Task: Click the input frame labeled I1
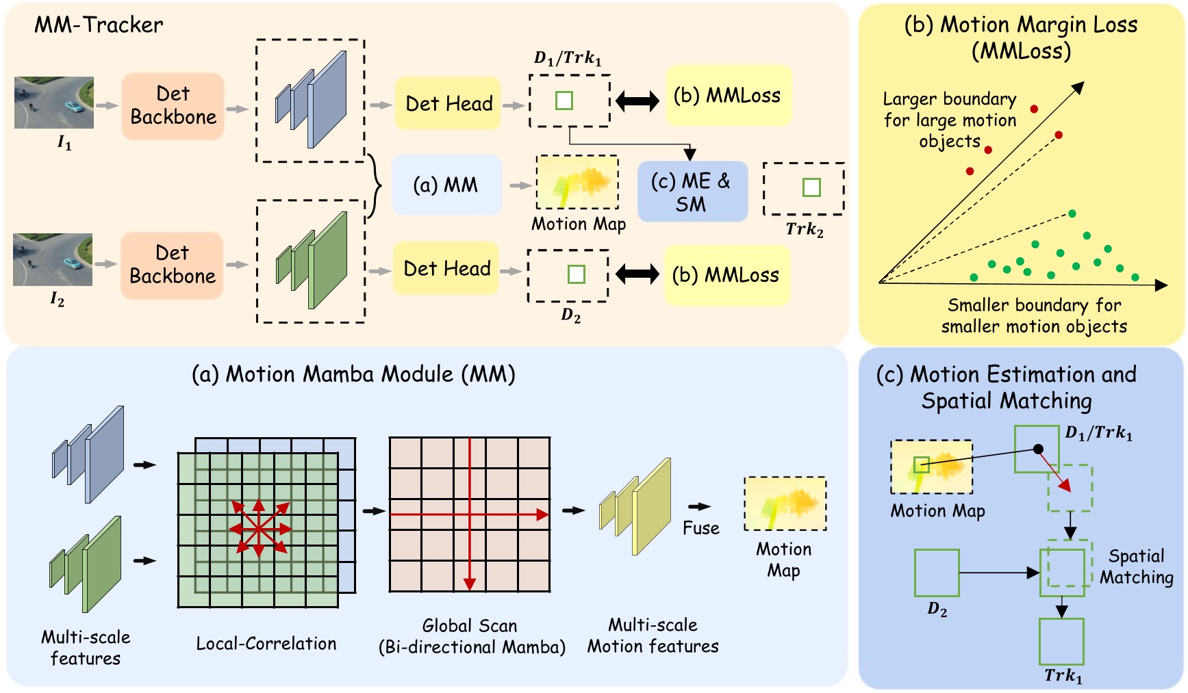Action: click(x=54, y=103)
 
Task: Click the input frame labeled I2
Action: click(x=53, y=259)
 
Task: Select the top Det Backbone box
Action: click(x=173, y=106)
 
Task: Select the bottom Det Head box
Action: click(x=446, y=268)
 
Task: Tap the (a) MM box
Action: click(x=446, y=185)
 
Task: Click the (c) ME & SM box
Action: click(x=692, y=192)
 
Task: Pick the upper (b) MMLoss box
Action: click(x=727, y=96)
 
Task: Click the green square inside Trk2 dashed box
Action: click(x=811, y=187)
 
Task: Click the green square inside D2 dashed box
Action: click(x=577, y=274)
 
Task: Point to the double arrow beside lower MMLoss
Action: click(x=637, y=274)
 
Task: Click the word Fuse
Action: click(x=701, y=528)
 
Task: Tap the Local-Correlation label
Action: click(x=266, y=644)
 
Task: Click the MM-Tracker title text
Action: click(x=99, y=25)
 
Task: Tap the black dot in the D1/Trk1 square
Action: click(x=1038, y=449)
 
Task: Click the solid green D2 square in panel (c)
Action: click(x=937, y=572)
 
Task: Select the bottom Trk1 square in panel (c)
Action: click(x=1061, y=641)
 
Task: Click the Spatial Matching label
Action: click(x=1136, y=566)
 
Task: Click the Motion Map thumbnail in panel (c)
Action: click(x=931, y=467)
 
